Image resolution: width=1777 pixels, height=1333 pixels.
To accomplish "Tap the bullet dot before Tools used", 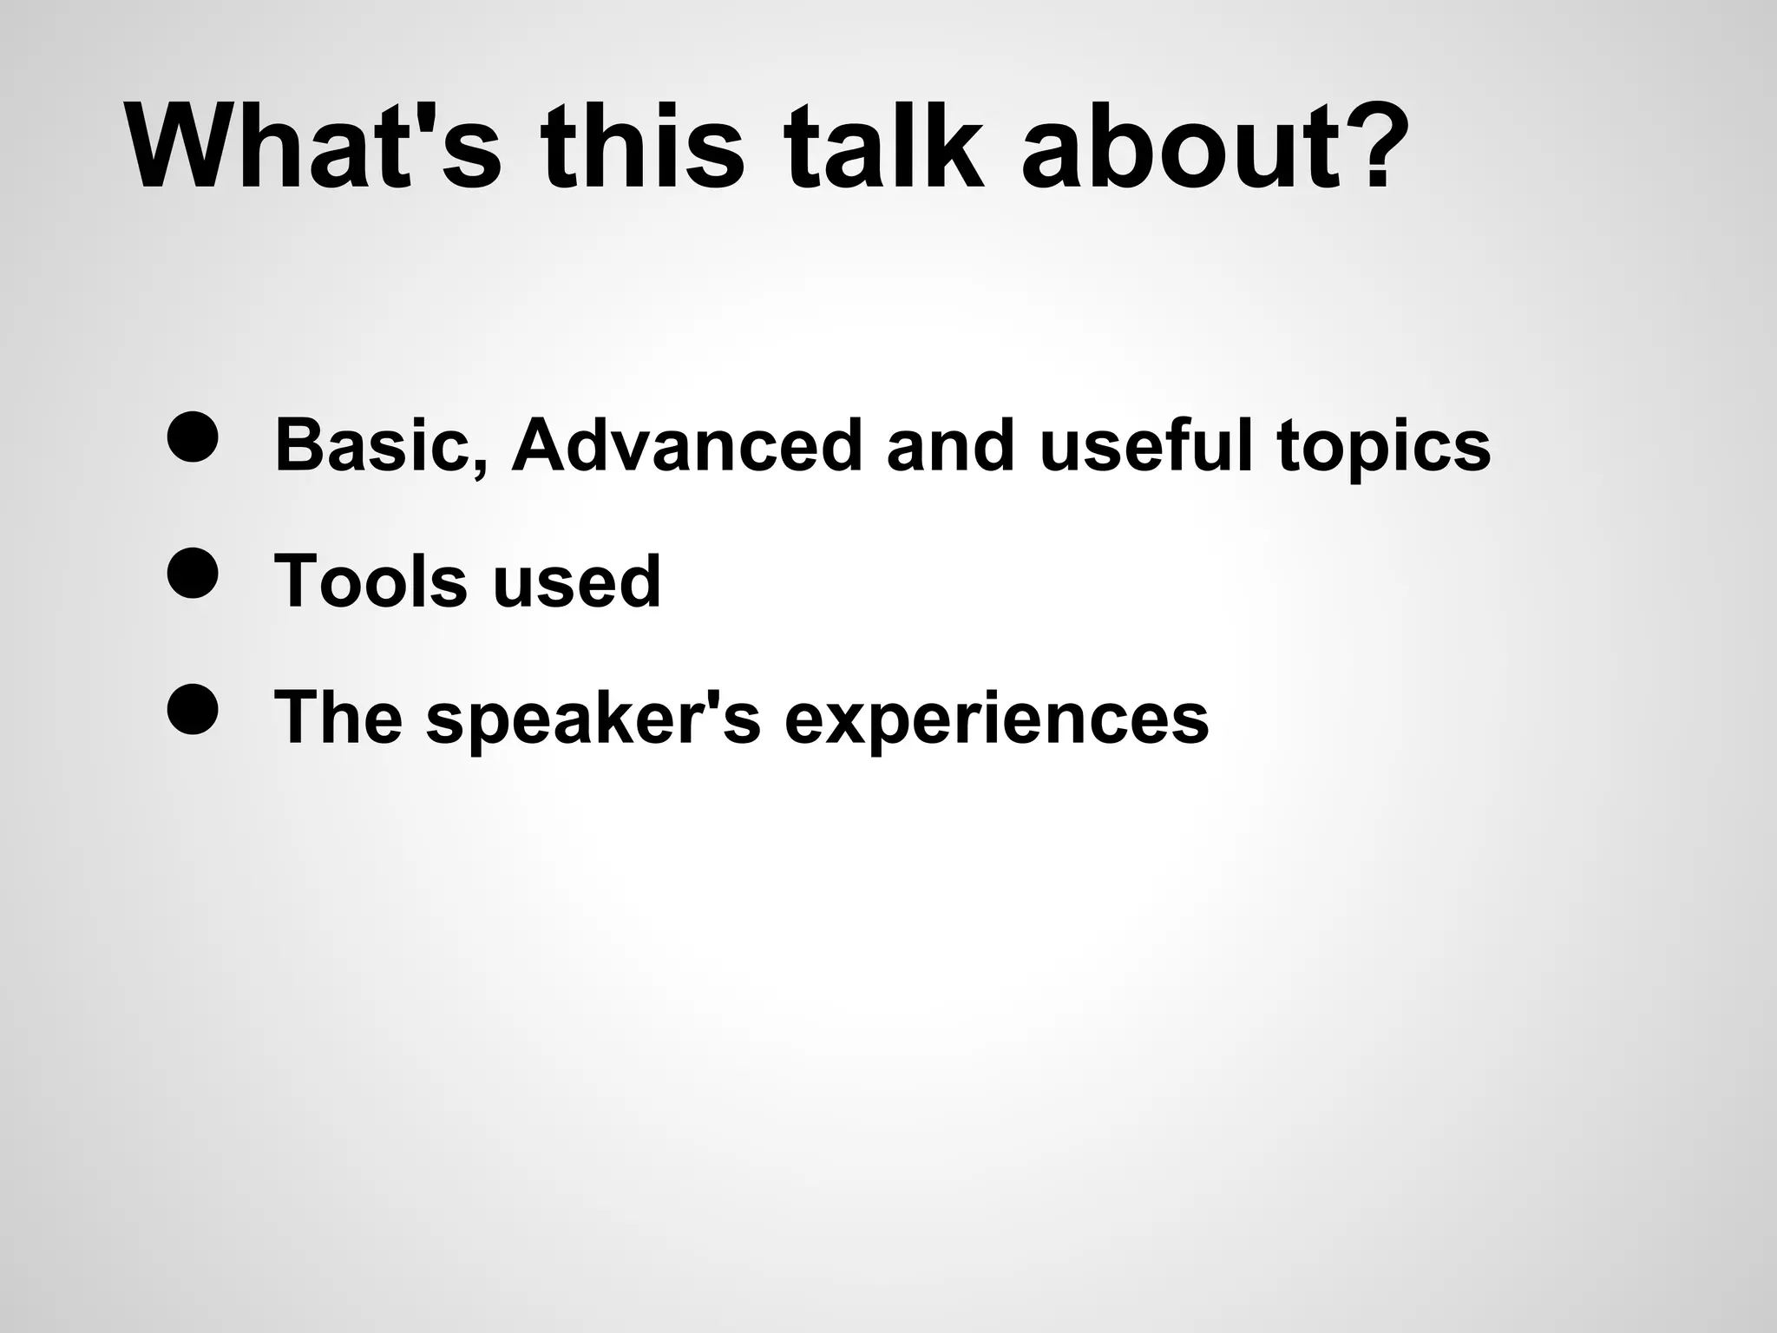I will point(191,574).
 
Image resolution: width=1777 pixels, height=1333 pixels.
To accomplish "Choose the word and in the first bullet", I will point(950,445).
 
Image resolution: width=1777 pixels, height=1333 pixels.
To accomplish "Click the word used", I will point(576,582).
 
